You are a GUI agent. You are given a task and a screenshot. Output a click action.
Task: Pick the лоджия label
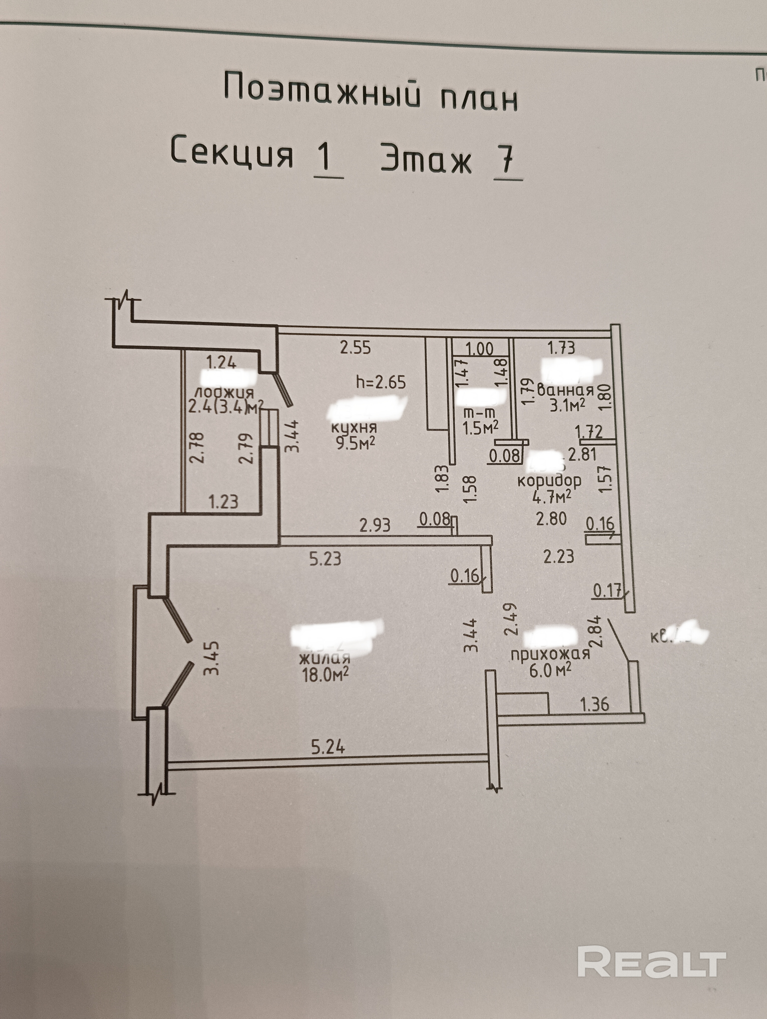[224, 393]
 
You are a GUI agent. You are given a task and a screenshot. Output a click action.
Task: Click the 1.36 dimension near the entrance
[594, 704]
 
